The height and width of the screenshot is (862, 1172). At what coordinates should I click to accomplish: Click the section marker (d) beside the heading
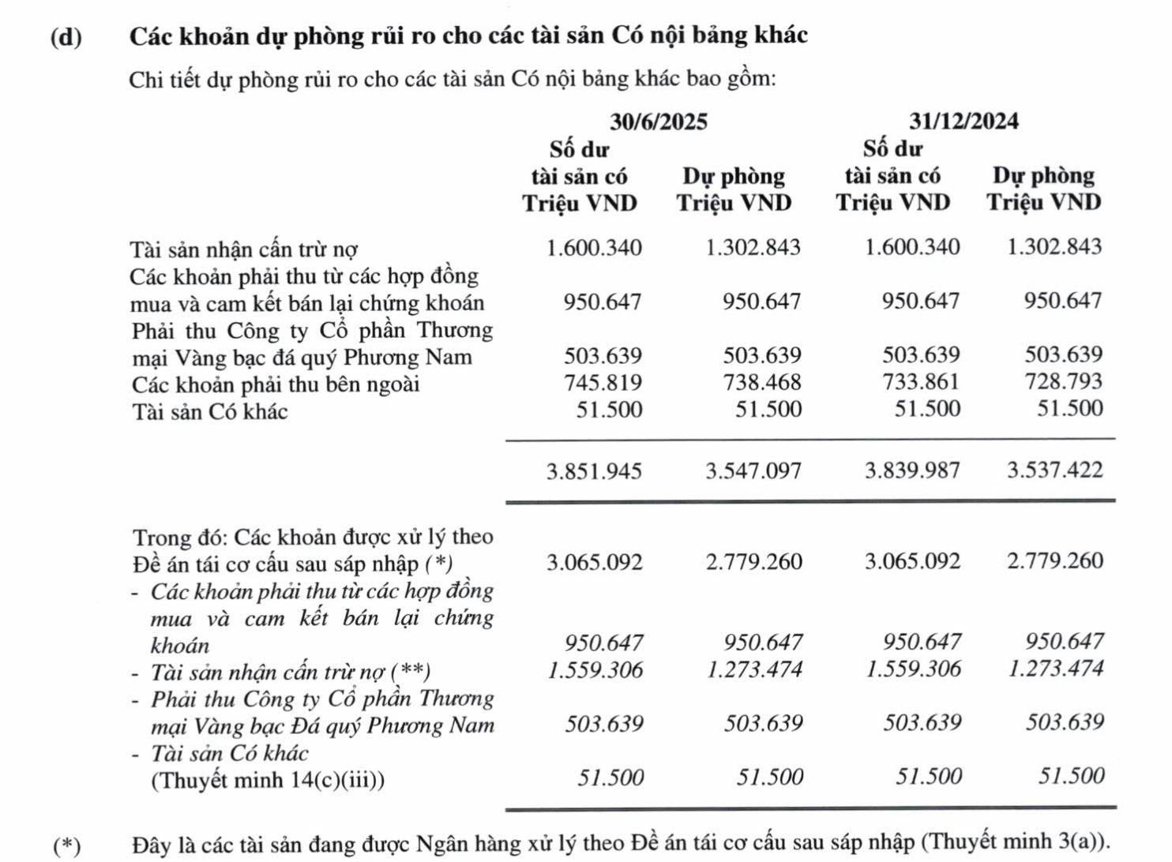66,37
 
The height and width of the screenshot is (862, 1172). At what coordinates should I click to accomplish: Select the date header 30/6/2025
658,122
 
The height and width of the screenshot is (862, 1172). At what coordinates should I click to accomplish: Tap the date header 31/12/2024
963,121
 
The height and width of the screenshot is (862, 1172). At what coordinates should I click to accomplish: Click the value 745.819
603,383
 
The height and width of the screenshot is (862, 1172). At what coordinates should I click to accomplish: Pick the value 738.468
761,383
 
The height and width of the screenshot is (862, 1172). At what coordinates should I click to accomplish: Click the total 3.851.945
594,472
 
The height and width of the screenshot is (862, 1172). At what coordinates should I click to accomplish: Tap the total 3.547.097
753,472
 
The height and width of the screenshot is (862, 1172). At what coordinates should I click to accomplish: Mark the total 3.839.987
912,471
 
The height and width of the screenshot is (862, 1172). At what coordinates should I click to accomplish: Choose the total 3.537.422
1054,470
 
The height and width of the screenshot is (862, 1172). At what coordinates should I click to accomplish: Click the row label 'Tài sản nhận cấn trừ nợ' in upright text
244,250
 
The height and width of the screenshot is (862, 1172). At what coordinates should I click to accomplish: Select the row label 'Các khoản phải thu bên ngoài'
276,385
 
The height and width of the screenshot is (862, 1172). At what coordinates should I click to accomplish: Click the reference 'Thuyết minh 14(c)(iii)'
267,781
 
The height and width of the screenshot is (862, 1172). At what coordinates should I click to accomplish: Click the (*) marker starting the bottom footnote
66,846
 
